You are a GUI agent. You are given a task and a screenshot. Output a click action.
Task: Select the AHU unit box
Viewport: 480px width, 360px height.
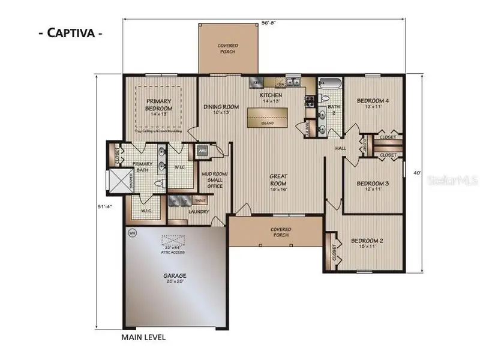pos(202,151)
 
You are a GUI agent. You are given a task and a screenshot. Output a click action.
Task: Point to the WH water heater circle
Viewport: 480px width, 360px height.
pos(131,232)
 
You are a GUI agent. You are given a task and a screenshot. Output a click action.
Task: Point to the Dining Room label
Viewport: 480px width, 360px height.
pos(221,110)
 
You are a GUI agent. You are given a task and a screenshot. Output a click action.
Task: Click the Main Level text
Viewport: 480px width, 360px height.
pos(143,337)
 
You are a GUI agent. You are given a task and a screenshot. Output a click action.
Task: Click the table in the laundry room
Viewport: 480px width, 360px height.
pos(200,200)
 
